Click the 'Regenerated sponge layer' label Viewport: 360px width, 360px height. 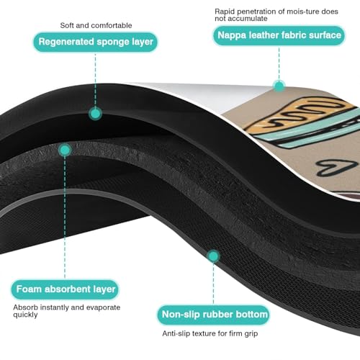96,42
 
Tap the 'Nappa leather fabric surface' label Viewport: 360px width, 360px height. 279,35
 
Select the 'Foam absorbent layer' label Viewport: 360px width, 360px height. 65,289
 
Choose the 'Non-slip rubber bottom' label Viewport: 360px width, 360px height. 213,315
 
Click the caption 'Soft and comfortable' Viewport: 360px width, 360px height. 96,25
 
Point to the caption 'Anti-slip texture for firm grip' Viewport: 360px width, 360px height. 210,333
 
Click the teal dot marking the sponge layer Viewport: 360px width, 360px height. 96,114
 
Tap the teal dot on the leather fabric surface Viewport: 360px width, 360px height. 279,86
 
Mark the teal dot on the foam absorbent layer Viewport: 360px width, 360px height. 65,150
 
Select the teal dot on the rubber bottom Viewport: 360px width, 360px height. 213,256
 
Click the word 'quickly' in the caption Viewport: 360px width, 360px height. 25,315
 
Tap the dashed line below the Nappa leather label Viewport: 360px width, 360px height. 279,63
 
